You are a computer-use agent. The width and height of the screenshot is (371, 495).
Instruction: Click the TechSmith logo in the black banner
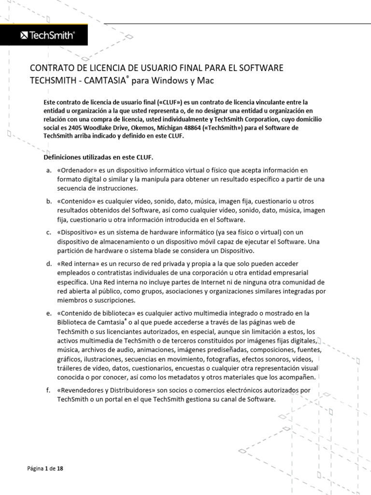coord(47,35)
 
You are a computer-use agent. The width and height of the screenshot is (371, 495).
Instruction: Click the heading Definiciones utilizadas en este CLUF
coord(105,157)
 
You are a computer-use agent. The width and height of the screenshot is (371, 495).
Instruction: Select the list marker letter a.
coord(48,171)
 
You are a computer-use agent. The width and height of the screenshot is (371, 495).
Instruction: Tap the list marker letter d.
coord(48,264)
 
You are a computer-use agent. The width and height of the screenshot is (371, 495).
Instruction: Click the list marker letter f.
coord(48,390)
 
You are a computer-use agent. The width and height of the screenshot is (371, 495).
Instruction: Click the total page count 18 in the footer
coord(60,468)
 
